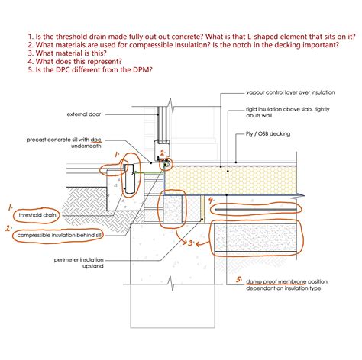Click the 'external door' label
(84, 114)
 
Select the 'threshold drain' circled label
(37, 215)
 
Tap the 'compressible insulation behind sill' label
(60, 236)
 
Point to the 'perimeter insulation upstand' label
(79, 263)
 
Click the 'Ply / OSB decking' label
(268, 134)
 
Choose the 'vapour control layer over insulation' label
(290, 92)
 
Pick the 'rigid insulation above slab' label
(288, 112)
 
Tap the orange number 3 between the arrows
(191, 243)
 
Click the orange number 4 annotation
(211, 201)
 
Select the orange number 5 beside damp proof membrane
(239, 280)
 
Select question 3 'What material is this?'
(67, 53)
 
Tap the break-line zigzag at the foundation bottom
(172, 284)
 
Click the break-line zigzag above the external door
(170, 105)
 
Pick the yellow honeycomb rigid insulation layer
(231, 180)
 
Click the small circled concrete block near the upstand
(173, 209)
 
